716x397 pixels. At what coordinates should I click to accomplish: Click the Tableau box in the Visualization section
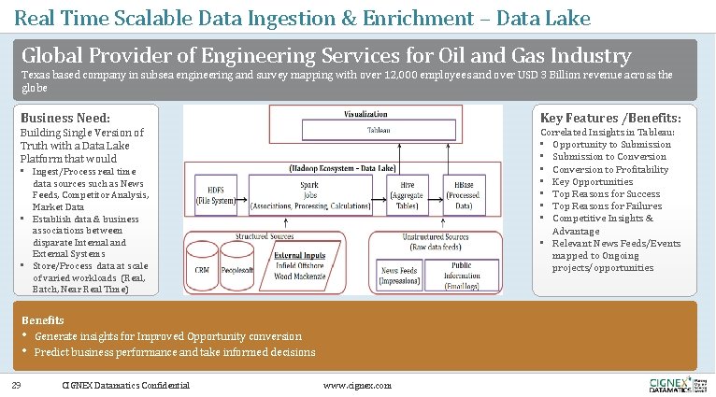378,130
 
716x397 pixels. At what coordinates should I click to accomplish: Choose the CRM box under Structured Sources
201,269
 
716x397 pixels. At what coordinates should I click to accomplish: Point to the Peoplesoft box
238,269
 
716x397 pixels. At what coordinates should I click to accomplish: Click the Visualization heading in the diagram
365,114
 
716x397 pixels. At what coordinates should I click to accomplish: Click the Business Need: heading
65,119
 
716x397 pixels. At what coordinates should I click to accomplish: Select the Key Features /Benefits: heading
610,119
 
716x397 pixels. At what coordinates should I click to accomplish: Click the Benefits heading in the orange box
43,319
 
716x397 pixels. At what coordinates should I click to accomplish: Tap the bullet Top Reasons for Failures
607,206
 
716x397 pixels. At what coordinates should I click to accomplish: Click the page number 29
16,385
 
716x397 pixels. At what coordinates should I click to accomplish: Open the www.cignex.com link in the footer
357,386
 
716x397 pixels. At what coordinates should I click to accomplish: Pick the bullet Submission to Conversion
609,157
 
